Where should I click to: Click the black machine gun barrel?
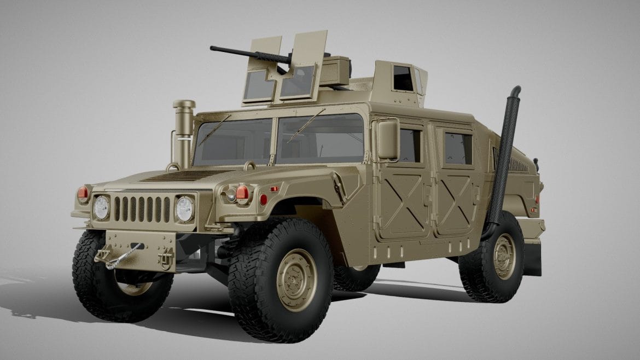(x=241, y=53)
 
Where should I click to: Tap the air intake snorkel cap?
(x=184, y=104)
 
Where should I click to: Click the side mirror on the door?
(x=388, y=140)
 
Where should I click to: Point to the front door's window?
(x=410, y=145)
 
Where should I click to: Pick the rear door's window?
(x=458, y=148)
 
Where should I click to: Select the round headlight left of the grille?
(x=102, y=207)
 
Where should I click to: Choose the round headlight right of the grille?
(x=184, y=208)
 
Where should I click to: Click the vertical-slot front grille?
(x=142, y=208)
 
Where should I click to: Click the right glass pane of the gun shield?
(x=298, y=82)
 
